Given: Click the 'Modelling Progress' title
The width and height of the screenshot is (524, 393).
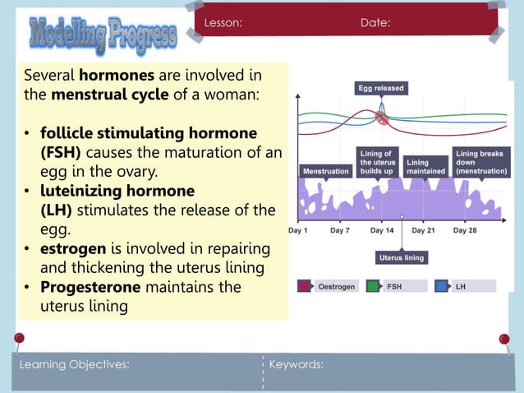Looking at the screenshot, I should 103,35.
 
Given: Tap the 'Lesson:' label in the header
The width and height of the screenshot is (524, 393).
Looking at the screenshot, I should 223,23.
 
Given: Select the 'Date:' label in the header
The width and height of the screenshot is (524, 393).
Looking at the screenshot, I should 375,23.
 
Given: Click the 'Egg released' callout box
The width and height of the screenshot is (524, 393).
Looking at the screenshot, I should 381,88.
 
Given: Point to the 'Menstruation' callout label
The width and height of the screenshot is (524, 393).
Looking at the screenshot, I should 326,171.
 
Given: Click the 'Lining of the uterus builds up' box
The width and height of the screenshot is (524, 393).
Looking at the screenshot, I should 378,162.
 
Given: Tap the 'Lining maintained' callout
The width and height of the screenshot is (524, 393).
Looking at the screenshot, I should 425,167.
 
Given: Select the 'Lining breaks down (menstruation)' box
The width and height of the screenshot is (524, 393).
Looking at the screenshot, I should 481,162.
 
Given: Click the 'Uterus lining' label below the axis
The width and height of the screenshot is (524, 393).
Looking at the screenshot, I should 402,257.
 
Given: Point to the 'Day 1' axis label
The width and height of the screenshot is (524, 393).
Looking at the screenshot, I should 298,231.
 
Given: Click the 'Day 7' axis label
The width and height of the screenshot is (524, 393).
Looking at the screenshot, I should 340,231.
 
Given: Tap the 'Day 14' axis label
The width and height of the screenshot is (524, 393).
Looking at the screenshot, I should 381,231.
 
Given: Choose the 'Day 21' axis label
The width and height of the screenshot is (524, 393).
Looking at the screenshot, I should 423,231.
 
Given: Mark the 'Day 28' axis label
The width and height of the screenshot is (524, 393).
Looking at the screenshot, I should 465,231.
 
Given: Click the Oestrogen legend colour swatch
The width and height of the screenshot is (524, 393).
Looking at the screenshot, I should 304,286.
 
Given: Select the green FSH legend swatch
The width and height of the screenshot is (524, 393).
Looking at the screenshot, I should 373,286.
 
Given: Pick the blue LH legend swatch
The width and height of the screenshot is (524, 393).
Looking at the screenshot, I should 440,286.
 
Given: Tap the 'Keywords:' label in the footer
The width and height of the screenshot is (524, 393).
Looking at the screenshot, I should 296,364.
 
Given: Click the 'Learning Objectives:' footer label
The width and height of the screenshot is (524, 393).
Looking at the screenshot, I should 74,364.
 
